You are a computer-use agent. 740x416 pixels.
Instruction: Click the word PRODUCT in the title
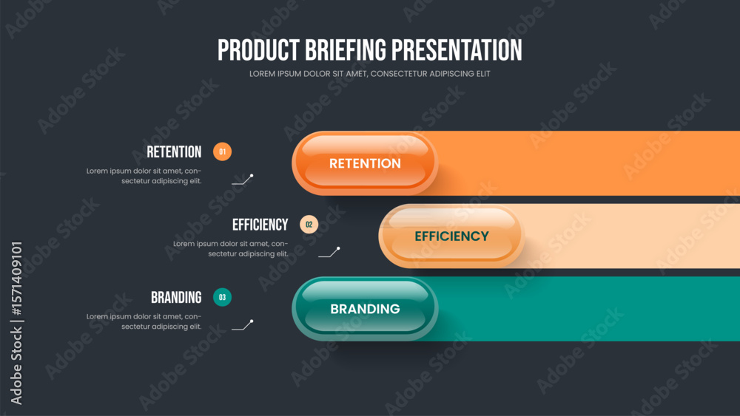(258, 50)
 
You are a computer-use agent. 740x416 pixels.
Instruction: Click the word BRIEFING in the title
(346, 50)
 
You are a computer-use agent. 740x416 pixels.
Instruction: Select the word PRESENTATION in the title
(457, 50)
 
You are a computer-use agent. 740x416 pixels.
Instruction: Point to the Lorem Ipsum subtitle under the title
(369, 74)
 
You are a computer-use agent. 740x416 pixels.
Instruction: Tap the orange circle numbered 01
(222, 151)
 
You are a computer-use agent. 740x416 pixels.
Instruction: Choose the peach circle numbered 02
(309, 224)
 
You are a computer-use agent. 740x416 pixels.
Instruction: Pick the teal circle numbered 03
(222, 297)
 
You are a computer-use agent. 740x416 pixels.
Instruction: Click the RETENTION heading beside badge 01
(174, 151)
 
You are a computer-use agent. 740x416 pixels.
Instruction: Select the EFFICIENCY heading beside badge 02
(260, 225)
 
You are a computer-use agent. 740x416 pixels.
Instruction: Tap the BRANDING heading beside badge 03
(176, 297)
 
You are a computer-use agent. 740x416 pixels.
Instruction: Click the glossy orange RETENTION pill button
(365, 163)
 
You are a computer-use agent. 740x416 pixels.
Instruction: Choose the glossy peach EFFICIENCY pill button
(451, 236)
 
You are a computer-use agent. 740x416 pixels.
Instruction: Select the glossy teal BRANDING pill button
(365, 309)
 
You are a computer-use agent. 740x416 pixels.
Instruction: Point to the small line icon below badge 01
(243, 180)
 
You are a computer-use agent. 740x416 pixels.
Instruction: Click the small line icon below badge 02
(329, 252)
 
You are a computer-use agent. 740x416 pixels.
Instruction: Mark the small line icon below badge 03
(243, 325)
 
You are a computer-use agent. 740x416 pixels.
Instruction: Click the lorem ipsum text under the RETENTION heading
(144, 176)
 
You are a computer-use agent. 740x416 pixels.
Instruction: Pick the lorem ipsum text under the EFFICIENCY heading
(231, 249)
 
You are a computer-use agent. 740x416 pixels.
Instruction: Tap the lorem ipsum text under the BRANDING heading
(144, 321)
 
